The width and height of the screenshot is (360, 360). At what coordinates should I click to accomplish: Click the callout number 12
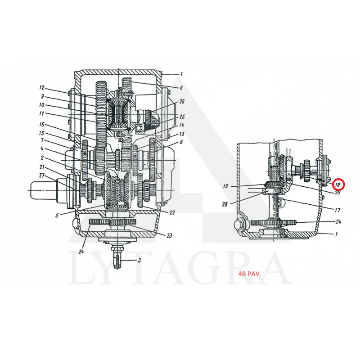[42, 88]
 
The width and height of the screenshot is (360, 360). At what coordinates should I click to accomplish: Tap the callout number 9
[42, 96]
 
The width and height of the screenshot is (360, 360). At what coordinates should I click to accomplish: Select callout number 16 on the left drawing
[42, 125]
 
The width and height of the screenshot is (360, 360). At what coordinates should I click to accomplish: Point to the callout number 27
[42, 175]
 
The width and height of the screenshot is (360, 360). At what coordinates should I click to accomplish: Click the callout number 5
[57, 215]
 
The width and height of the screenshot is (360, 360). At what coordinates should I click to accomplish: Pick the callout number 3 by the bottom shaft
[139, 261]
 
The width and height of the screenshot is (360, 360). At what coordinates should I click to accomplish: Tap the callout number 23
[169, 236]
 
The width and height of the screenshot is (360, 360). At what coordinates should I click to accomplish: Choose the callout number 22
[172, 213]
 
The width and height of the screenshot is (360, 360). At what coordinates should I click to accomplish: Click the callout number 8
[181, 88]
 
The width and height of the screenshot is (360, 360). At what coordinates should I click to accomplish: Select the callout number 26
[182, 102]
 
